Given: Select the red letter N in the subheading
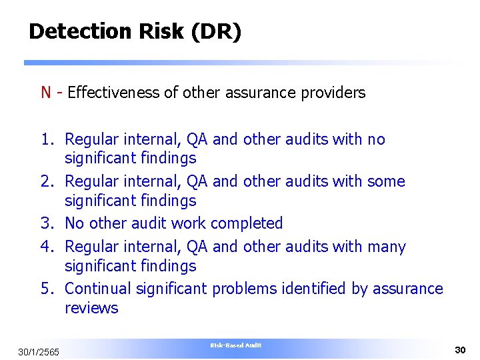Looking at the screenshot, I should tap(46, 93).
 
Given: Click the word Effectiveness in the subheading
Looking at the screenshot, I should tap(113, 93).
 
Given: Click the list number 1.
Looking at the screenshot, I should tap(47, 139).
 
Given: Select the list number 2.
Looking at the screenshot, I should tap(47, 181).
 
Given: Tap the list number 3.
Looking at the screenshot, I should tap(47, 223).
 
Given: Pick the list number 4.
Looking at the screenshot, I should tap(47, 247).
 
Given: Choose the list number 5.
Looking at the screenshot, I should tap(47, 289).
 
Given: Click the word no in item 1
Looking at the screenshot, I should tap(376, 139).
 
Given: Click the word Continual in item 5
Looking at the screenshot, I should tap(98, 289).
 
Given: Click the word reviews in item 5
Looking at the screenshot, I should tap(91, 308).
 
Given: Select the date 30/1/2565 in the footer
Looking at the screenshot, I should tap(39, 351).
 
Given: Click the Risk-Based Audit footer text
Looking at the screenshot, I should tap(236, 345).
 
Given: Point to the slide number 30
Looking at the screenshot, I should tap(459, 349).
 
